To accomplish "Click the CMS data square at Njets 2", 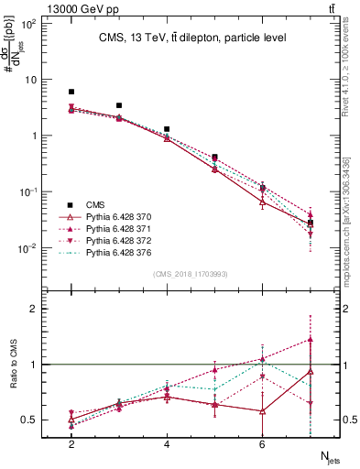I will coord(71,92).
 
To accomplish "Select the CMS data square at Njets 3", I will coord(119,105).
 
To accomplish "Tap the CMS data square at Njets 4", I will coord(167,129).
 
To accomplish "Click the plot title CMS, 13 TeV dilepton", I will coord(193,38).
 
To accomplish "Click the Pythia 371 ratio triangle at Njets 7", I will coord(311,340).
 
